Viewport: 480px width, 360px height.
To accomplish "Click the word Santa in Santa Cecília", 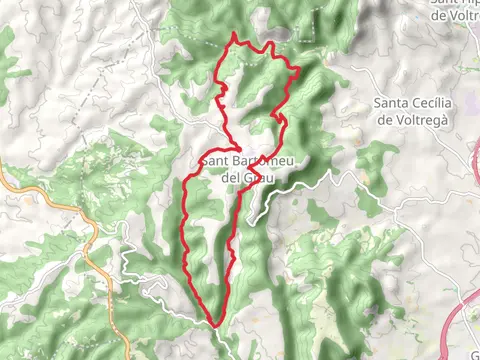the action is (391, 103).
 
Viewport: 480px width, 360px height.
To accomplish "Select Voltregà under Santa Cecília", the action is (421, 119).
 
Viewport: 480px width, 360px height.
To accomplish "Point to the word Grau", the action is (257, 177).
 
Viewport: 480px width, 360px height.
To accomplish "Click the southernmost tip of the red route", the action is (215, 324).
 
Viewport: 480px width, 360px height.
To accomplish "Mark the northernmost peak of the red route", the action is (234, 35).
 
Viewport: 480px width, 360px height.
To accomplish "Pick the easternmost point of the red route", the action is (299, 67).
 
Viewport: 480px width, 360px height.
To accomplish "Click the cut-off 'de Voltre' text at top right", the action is (455, 15).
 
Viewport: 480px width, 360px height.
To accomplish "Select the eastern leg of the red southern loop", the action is (233, 250).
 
